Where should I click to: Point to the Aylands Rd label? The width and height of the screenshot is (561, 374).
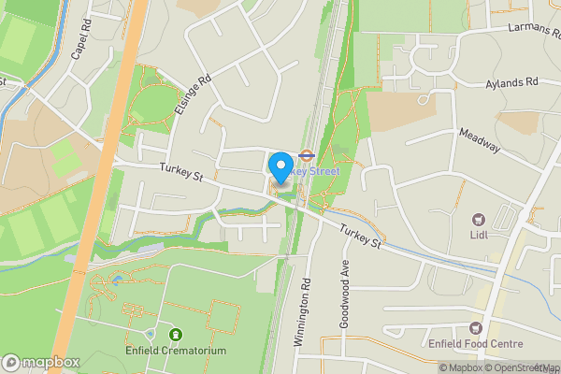[512, 84]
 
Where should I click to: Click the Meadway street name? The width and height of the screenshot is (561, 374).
[480, 141]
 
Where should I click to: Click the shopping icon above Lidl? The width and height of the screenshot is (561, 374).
[480, 221]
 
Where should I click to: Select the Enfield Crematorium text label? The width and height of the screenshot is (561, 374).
[175, 351]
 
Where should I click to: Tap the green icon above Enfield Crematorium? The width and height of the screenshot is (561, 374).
[175, 334]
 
